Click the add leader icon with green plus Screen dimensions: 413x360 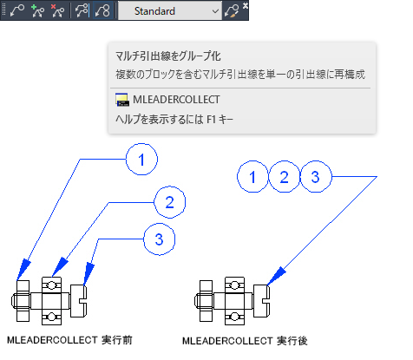click(37, 11)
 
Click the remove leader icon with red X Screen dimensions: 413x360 click(57, 11)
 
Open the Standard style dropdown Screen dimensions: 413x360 click(170, 11)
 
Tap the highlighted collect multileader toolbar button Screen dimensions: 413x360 click(103, 11)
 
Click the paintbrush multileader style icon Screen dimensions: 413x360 click(232, 11)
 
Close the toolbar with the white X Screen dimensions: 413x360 click(246, 5)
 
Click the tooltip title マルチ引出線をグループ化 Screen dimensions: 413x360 click(168, 56)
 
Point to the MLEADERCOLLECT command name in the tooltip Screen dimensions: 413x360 click(176, 100)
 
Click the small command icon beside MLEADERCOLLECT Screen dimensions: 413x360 click(122, 100)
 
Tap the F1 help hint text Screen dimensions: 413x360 click(174, 119)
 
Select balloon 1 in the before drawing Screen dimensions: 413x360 click(141, 160)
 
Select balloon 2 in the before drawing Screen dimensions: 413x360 click(170, 202)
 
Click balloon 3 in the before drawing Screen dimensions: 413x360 click(160, 239)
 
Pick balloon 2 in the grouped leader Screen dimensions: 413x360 click(284, 177)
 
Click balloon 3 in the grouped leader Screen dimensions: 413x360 click(316, 177)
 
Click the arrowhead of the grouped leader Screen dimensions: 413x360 click(275, 277)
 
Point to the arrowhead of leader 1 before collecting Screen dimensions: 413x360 click(23, 271)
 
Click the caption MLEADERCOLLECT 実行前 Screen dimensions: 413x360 click(69, 340)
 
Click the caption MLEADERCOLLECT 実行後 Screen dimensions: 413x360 click(245, 341)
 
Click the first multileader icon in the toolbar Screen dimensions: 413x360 click(17, 11)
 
